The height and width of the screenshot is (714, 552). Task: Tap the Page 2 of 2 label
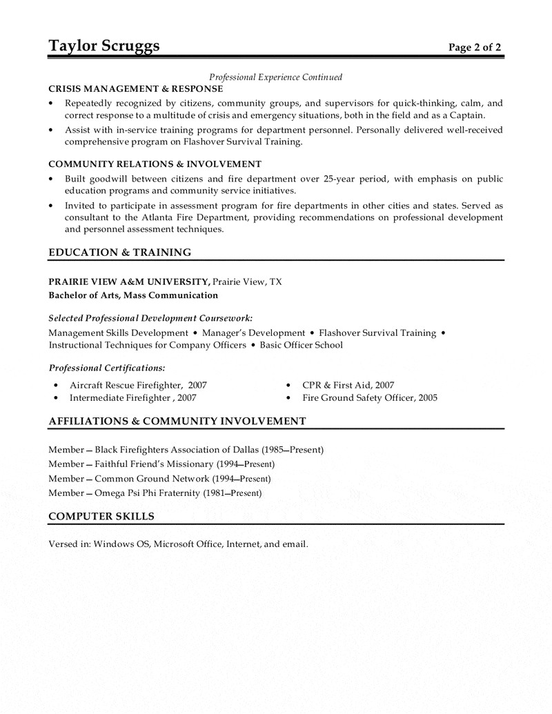475,48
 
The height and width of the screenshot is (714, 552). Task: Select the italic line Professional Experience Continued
276,77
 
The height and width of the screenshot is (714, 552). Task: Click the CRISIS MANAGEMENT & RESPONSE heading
136,89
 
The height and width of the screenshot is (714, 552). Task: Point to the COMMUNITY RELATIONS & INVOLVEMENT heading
155,164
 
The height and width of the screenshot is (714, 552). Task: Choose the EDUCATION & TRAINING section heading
120,252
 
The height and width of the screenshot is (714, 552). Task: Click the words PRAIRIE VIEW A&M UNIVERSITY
129,281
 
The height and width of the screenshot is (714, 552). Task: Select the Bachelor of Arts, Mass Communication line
133,295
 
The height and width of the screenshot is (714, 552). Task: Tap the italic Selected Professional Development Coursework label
150,318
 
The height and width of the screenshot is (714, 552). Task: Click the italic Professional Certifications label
107,368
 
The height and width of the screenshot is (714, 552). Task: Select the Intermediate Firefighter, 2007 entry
133,398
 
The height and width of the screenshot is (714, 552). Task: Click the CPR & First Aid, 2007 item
348,385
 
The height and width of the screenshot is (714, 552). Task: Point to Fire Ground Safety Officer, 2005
370,398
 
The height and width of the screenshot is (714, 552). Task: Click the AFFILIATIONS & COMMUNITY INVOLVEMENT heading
177,421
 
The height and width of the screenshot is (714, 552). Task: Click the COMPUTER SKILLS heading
101,516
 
